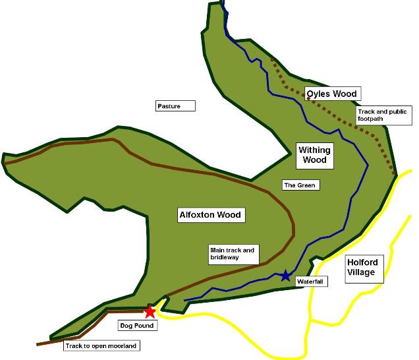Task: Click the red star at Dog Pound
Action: click(x=150, y=312)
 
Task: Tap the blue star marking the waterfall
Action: click(x=285, y=276)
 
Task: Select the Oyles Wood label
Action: click(x=332, y=94)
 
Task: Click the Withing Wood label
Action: click(x=315, y=154)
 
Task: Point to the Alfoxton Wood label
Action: click(x=211, y=214)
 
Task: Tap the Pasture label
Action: click(x=169, y=105)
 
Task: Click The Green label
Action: click(x=300, y=185)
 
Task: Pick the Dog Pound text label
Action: click(x=136, y=326)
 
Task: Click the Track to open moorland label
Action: click(x=103, y=345)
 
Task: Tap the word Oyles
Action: click(x=319, y=94)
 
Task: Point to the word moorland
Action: click(x=125, y=345)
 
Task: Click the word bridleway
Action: click(x=224, y=259)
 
